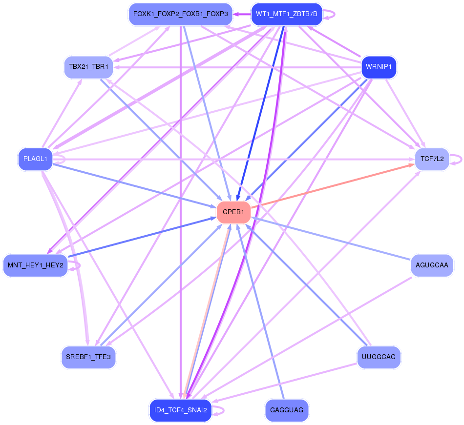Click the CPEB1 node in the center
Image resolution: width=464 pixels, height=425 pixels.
(x=233, y=212)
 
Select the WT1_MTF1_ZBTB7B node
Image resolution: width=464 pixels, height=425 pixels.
(x=286, y=14)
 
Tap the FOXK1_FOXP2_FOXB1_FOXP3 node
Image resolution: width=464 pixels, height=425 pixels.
(x=180, y=14)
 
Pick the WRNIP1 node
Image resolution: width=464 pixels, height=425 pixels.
(x=378, y=67)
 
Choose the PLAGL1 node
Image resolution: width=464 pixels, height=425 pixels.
(x=35, y=159)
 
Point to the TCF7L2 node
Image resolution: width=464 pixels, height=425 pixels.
(x=431, y=159)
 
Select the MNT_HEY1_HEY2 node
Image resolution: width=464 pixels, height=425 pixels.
(x=35, y=265)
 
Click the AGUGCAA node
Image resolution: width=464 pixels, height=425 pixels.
(x=432, y=265)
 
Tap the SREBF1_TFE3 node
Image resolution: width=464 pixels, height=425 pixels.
(x=88, y=357)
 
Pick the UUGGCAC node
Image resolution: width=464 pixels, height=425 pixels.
(x=379, y=357)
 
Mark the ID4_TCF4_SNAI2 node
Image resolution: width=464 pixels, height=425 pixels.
(x=180, y=410)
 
